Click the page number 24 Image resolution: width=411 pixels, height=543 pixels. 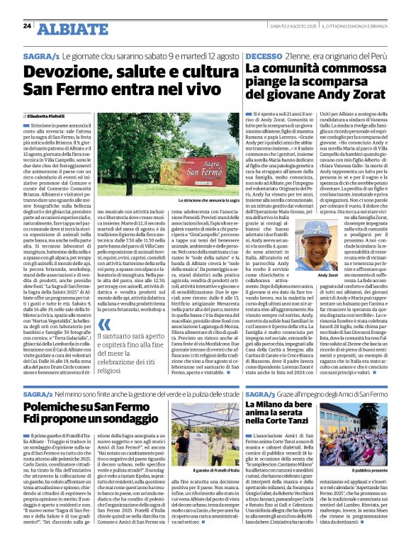pos(27,26)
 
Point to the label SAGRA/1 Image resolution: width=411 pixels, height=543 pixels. pos(41,55)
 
